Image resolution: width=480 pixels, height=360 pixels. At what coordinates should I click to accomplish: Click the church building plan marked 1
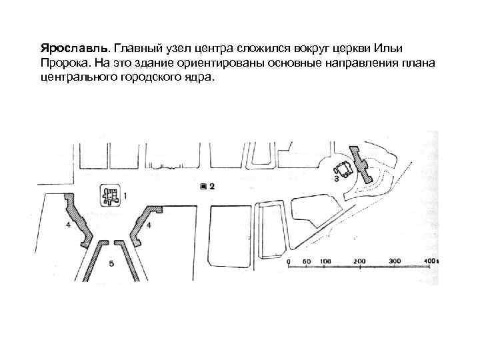point(110,196)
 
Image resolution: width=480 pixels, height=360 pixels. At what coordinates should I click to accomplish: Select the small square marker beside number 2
point(203,187)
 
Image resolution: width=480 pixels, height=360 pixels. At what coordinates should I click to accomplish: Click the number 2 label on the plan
point(212,187)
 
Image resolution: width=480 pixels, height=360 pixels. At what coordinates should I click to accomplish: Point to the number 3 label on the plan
point(336,179)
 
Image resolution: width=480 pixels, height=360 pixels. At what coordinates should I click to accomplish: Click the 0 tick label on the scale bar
point(290,260)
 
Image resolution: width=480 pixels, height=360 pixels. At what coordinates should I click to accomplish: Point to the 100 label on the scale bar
point(325,260)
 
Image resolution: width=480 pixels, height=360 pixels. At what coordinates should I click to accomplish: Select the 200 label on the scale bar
point(360,260)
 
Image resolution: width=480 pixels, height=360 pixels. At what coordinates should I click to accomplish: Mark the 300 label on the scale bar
point(395,260)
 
